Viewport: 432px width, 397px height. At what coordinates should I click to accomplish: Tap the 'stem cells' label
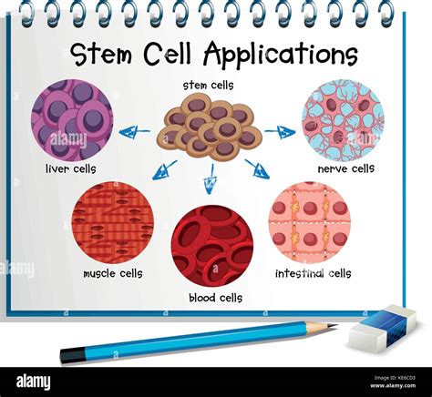click(208, 86)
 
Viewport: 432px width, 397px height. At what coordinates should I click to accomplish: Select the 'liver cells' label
click(70, 169)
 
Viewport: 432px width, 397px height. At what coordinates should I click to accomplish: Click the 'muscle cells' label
click(113, 273)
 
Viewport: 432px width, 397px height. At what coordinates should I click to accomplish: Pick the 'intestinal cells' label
click(314, 273)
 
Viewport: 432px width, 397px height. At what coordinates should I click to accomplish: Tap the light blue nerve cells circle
click(343, 120)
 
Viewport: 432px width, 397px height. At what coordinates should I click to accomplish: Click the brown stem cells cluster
click(209, 127)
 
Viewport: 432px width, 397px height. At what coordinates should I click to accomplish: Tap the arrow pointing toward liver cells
click(136, 131)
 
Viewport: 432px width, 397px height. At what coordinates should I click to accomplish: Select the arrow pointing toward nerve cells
click(281, 133)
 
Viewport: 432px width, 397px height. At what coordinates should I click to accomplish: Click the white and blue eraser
click(382, 329)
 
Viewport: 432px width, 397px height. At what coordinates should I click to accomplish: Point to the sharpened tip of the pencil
click(334, 326)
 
